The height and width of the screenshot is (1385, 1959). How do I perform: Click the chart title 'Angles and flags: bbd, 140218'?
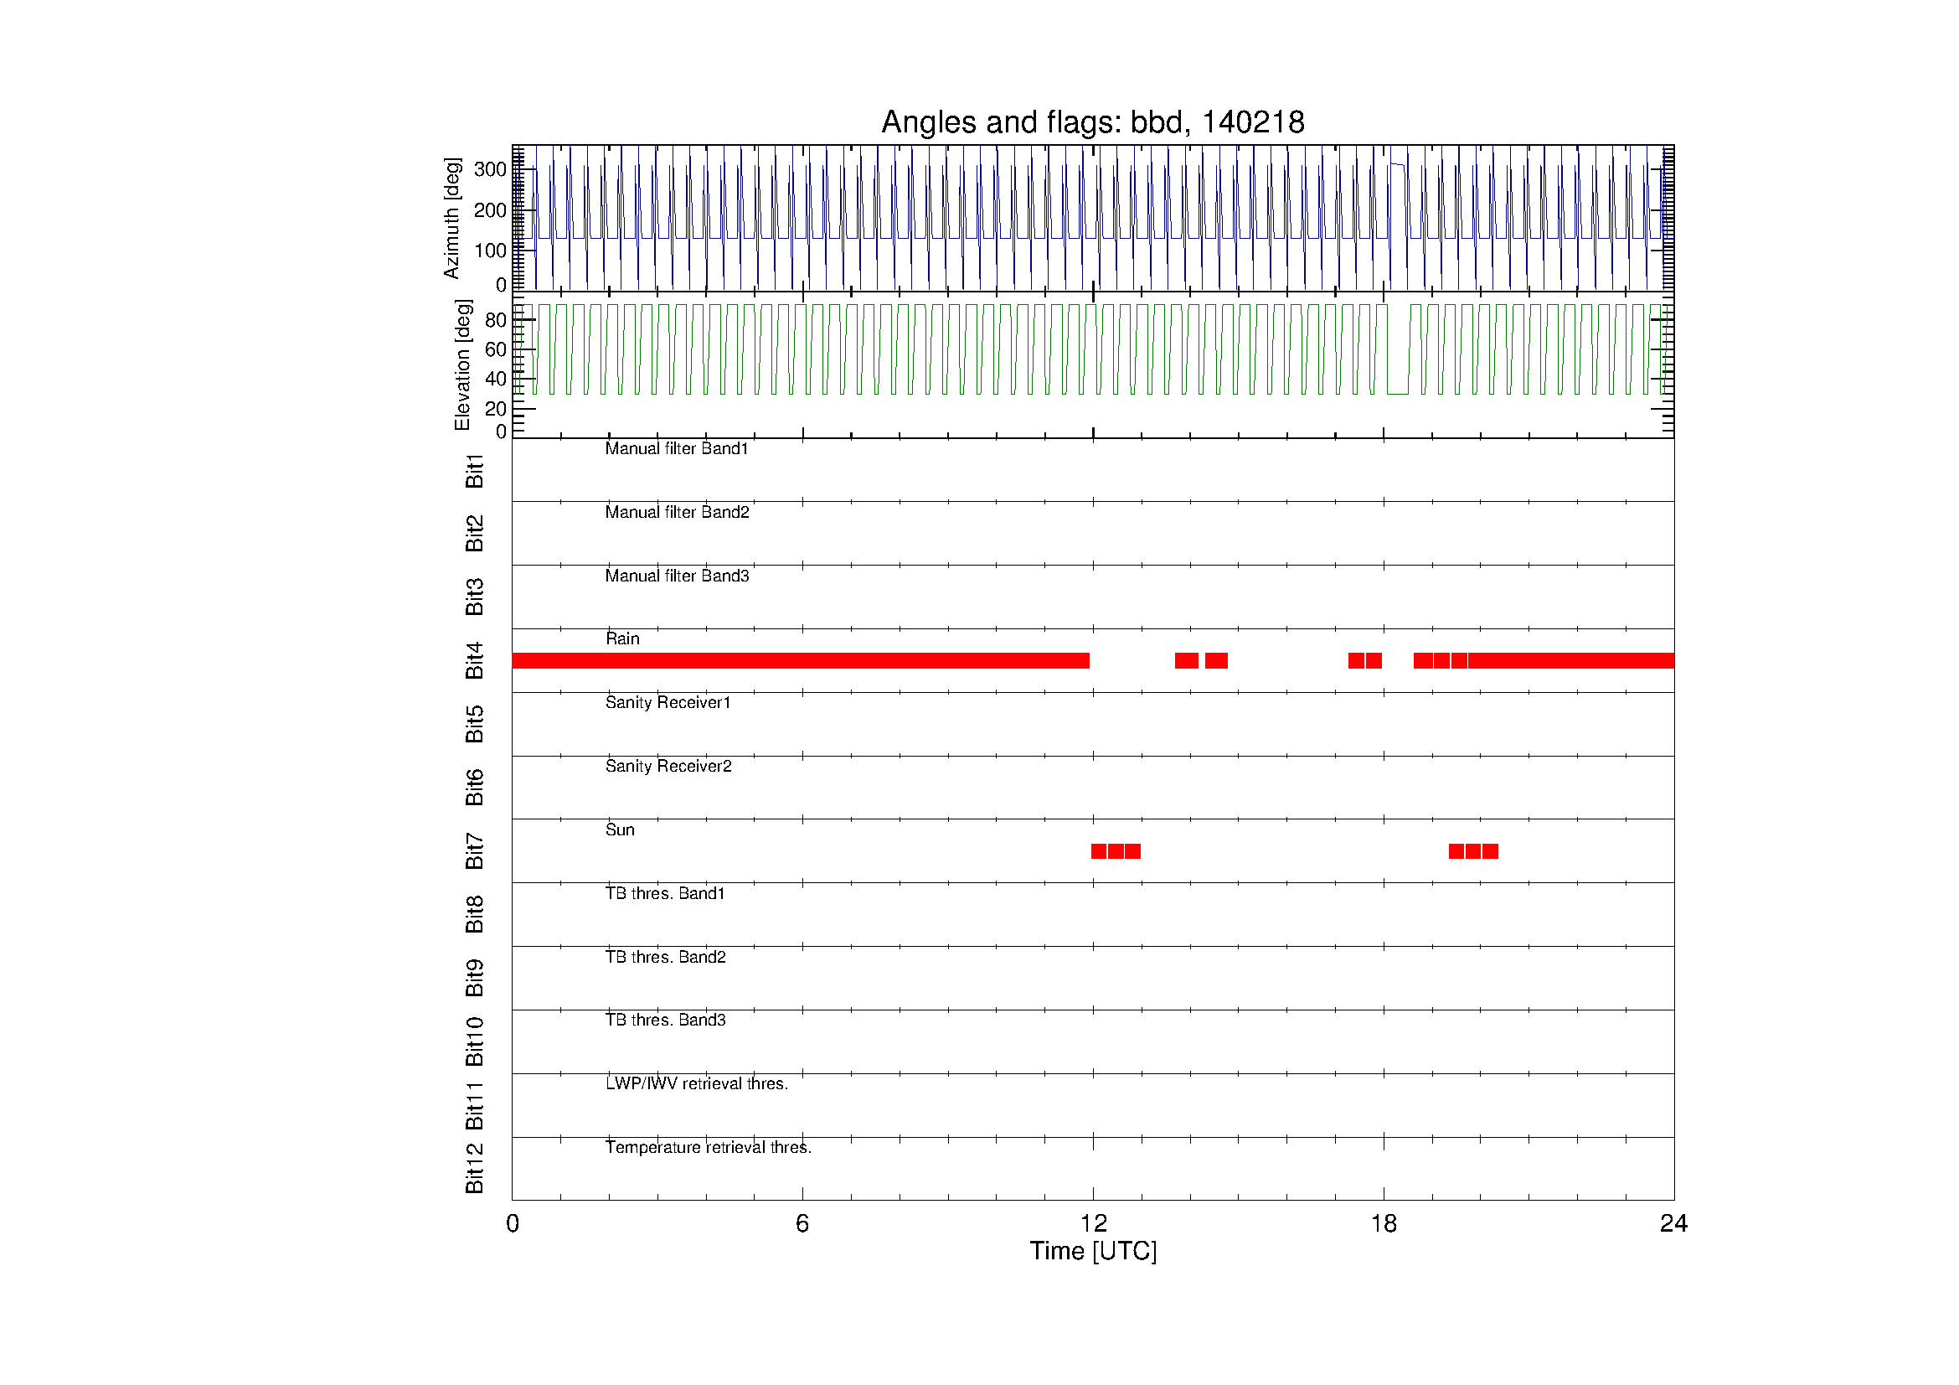click(1092, 122)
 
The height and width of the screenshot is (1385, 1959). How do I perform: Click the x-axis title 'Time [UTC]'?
click(1093, 1251)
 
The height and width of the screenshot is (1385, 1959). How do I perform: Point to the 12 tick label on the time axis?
click(1093, 1224)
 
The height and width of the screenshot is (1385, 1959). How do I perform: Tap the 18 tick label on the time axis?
click(1383, 1224)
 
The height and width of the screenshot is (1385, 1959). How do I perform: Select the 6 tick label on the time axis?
click(802, 1224)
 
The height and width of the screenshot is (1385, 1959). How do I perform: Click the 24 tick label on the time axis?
click(1673, 1224)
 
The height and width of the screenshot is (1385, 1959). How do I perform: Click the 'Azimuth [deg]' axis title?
click(451, 218)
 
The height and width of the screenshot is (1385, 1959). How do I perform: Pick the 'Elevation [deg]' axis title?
click(462, 364)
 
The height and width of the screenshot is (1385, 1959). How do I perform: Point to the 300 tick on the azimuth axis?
click(490, 169)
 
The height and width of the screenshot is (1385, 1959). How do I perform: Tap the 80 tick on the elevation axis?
click(495, 320)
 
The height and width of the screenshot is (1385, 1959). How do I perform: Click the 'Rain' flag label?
click(622, 638)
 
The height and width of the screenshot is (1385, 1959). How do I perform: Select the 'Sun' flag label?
click(620, 829)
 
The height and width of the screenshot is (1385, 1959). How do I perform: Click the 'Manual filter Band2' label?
click(677, 512)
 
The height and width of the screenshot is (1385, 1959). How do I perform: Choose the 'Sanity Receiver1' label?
click(668, 702)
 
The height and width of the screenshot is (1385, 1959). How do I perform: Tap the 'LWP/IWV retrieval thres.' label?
click(696, 1083)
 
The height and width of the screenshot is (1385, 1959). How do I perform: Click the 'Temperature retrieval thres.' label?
click(709, 1147)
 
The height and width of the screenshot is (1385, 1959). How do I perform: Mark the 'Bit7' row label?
click(474, 850)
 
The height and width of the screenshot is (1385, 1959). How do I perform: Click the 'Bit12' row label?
click(474, 1168)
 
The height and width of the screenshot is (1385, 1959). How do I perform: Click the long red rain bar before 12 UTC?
click(801, 660)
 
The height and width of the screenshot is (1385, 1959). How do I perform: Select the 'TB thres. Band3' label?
click(666, 1020)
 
